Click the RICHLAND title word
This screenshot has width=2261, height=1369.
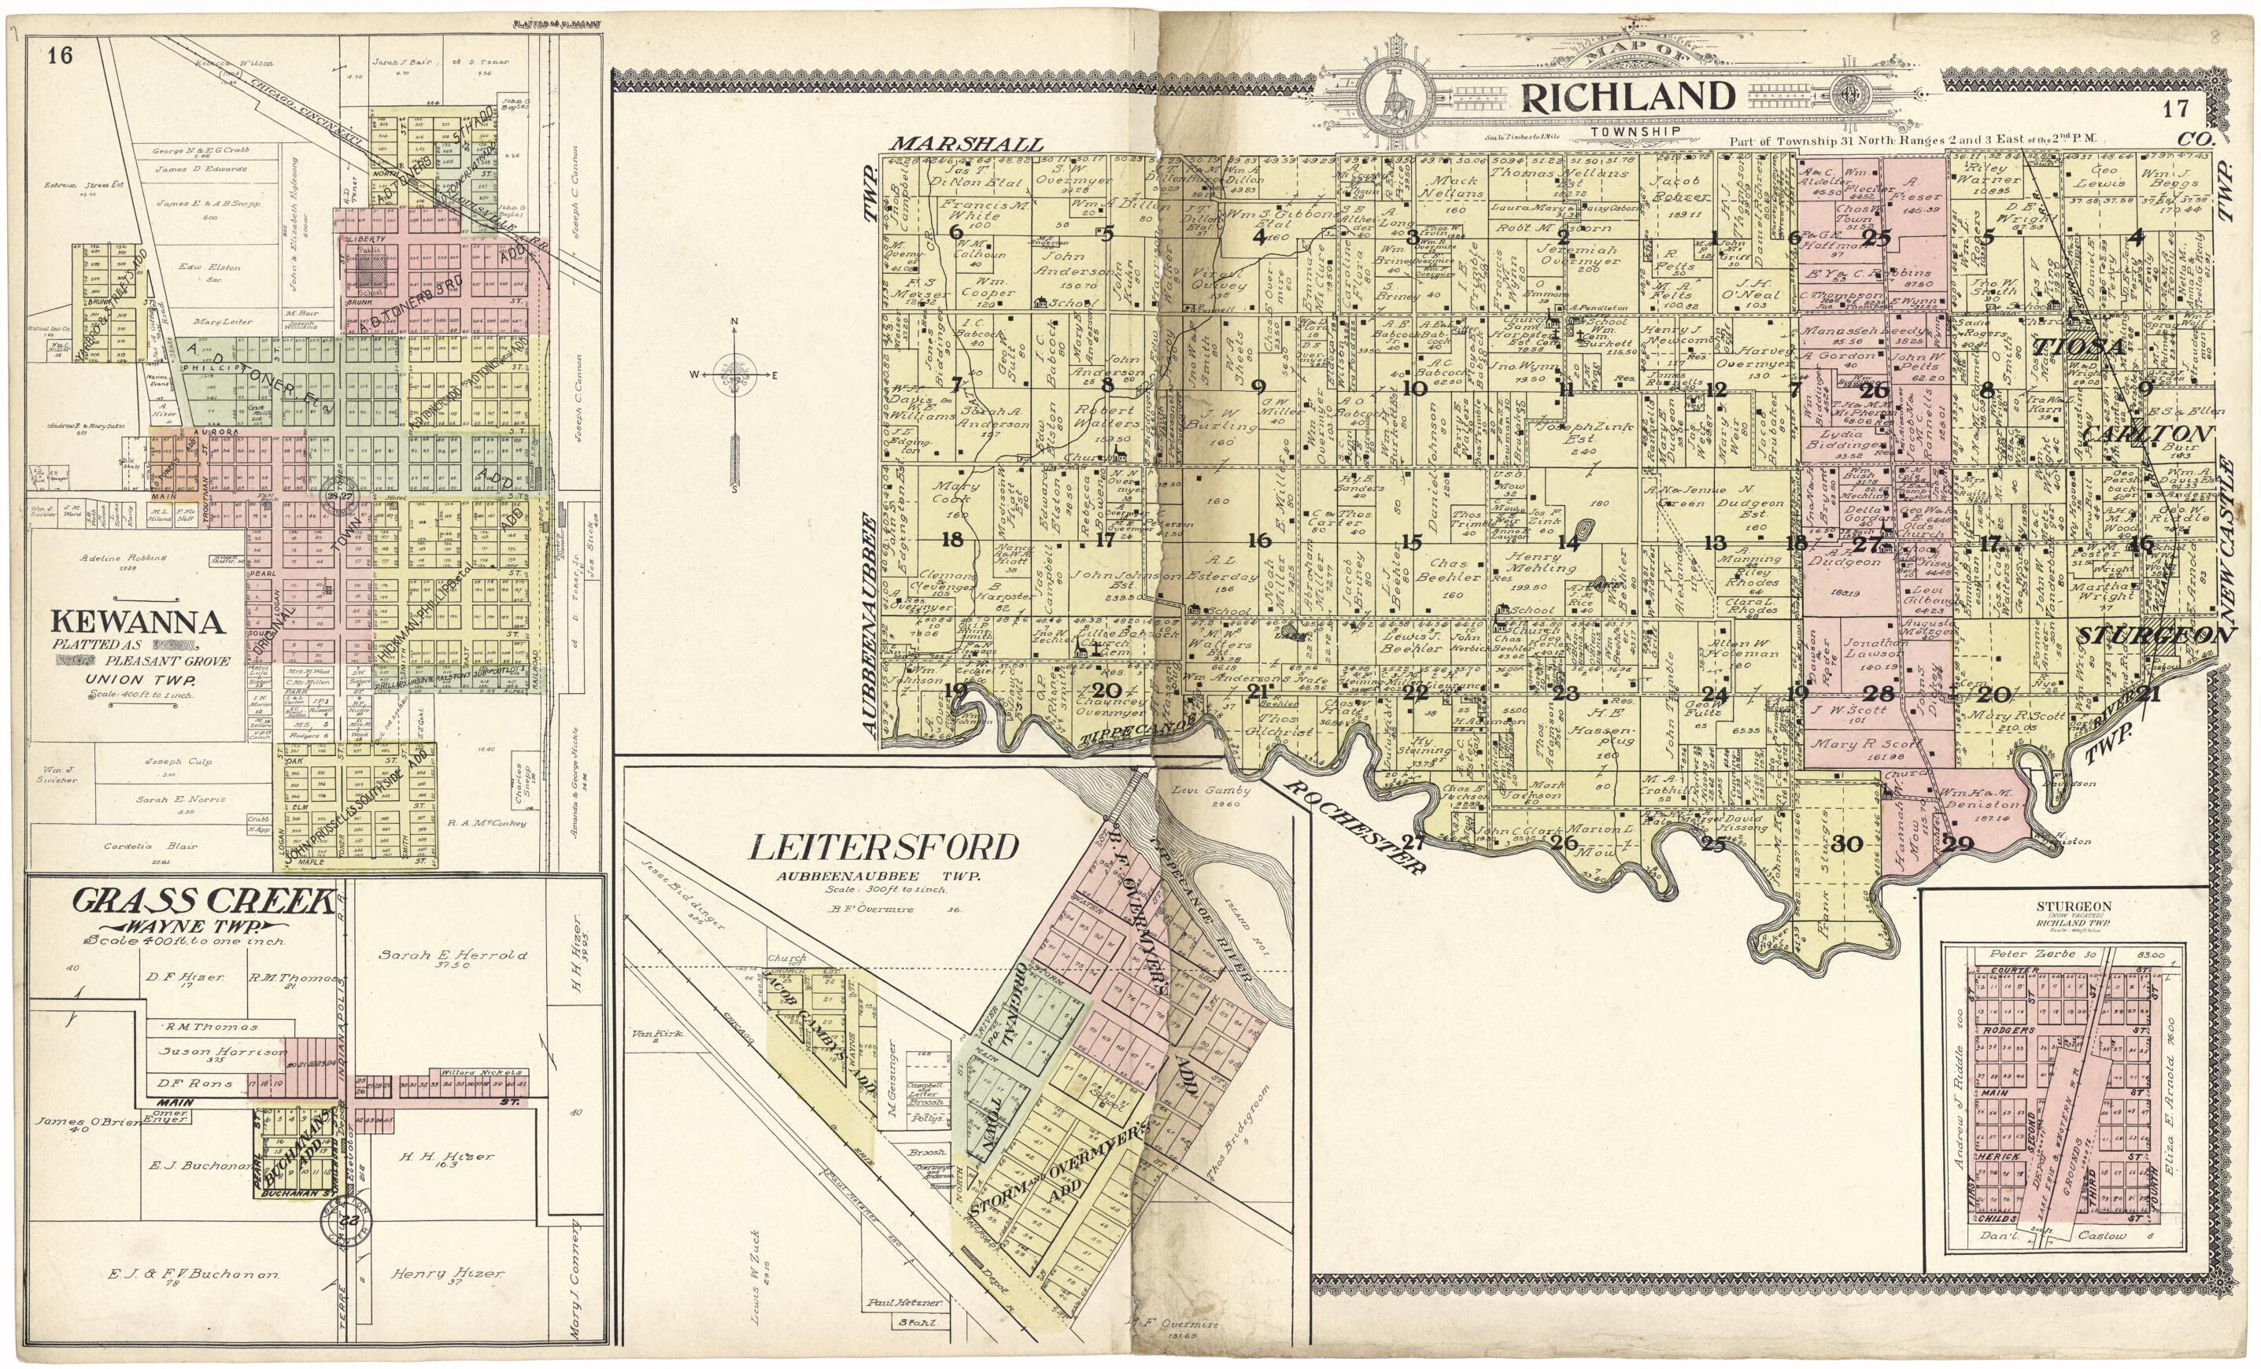coord(1627,98)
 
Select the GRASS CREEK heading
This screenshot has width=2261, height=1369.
coord(204,901)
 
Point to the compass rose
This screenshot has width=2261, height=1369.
coord(734,375)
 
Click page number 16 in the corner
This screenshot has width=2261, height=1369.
coord(60,56)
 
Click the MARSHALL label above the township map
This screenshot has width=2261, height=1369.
coord(966,144)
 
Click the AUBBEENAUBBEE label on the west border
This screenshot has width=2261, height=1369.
coord(868,624)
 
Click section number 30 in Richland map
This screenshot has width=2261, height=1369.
coord(1847,844)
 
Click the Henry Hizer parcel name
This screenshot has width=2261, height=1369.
coord(447,1274)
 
